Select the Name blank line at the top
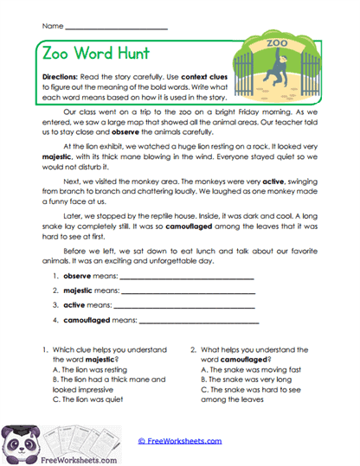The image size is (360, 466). [118, 27]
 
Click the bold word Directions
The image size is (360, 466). [65, 76]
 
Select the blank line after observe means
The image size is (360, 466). [186, 278]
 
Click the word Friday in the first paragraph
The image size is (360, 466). [257, 112]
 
